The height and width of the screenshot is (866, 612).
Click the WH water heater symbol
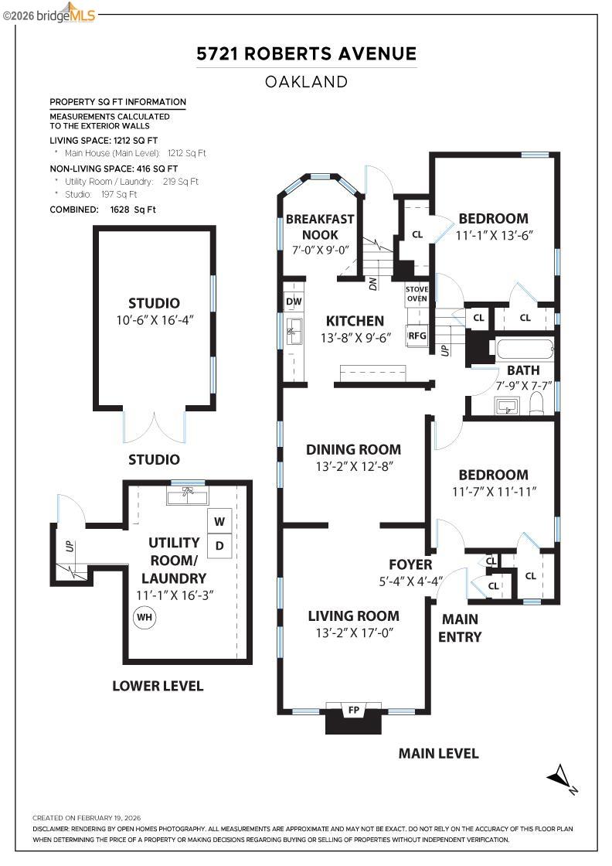click(x=144, y=618)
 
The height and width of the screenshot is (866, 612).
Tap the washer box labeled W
click(x=219, y=520)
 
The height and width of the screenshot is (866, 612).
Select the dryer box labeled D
click(x=219, y=545)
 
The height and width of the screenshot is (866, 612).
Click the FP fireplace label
click(x=354, y=709)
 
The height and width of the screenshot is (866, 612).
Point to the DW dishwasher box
click(x=294, y=302)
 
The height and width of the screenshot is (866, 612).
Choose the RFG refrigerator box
click(x=417, y=336)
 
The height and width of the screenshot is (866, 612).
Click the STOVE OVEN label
click(x=416, y=294)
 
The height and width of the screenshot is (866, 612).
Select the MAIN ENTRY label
click(x=461, y=628)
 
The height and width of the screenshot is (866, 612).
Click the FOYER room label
click(x=410, y=564)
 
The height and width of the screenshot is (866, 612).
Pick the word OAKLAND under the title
click(x=306, y=81)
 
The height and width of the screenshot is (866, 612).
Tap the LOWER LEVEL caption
click(x=158, y=686)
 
